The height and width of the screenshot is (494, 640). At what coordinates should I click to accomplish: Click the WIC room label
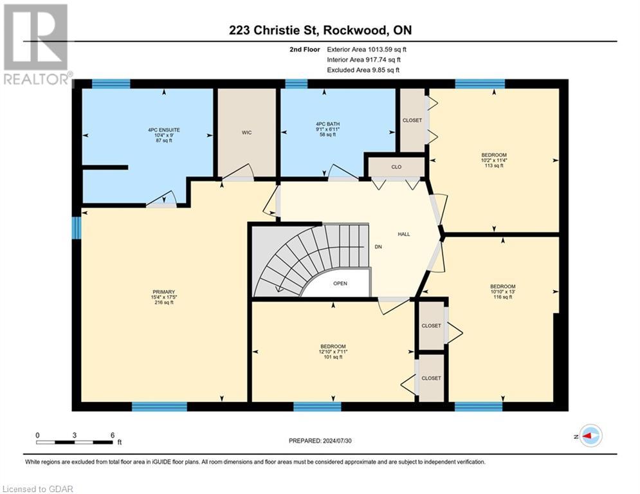pos(246,133)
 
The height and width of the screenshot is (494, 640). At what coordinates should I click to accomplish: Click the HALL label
pos(403,234)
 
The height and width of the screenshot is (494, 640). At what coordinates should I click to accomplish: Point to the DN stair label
pos(379,246)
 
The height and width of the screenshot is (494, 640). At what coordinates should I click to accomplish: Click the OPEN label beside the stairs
pos(340,284)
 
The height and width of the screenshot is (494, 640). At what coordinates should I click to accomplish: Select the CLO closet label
pos(396,167)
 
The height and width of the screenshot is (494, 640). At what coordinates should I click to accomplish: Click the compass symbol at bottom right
pos(590,435)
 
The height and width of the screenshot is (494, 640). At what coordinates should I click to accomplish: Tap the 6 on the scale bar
pos(113,435)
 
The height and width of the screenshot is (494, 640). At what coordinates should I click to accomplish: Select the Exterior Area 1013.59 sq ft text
pos(366,49)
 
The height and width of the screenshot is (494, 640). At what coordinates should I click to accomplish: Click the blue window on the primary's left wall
pos(76,227)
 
